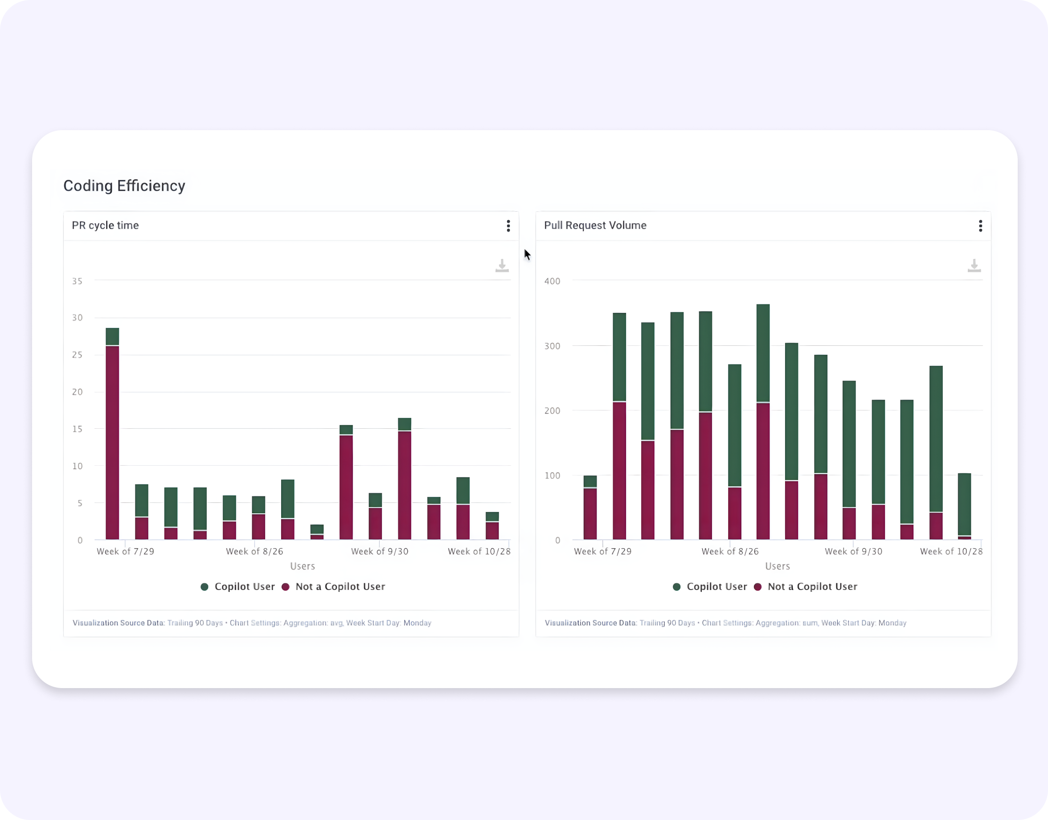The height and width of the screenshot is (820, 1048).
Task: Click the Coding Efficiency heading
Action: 124,186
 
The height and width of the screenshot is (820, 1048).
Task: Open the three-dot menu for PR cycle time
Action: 508,225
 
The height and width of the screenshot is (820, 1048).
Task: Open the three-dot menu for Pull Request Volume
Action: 980,225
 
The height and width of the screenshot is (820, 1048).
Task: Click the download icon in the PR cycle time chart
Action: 502,266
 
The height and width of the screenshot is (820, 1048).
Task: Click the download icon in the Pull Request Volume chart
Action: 974,266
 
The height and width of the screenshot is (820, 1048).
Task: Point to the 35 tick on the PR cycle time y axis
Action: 77,281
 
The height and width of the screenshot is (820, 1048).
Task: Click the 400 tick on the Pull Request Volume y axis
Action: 552,281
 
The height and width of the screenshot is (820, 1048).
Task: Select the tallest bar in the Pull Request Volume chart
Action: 763,422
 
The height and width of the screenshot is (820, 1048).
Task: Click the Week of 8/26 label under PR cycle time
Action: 254,552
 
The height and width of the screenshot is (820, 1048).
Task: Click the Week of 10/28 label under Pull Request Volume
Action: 951,552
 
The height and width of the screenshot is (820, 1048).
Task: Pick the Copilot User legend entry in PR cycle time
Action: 238,586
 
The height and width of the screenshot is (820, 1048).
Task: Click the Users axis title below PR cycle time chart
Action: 303,566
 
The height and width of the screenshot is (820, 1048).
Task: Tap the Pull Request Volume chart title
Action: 595,225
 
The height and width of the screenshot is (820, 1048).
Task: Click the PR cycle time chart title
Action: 105,225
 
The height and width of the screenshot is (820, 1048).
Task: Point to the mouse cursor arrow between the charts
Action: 527,254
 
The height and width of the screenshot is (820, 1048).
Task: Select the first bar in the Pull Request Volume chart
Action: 590,509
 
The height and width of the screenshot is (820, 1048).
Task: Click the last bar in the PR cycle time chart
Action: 492,527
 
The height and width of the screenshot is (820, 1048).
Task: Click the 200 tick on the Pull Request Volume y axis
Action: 552,411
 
